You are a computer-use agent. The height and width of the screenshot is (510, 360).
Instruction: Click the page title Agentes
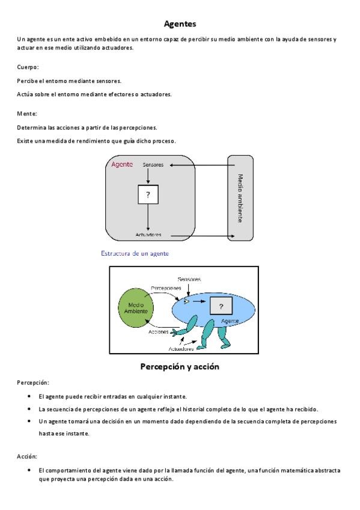pos(180,23)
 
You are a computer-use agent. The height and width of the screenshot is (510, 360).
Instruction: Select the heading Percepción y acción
pos(180,367)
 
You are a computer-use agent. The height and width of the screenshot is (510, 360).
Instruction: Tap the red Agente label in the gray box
pos(122,165)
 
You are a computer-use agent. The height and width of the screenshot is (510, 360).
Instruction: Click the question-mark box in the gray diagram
pos(148,194)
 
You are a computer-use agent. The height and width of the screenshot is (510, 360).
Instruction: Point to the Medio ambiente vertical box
pos(240,198)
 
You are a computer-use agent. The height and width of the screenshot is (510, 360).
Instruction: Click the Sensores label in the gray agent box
pos(153,165)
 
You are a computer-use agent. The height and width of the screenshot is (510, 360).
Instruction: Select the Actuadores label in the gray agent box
pos(148,235)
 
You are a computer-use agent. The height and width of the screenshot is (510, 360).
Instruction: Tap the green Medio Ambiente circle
pos(136,308)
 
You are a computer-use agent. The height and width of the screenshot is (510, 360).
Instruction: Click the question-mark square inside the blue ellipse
pos(221,306)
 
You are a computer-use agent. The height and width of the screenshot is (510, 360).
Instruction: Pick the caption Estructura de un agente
pos(135,253)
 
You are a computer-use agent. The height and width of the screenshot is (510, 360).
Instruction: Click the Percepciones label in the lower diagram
pos(166,288)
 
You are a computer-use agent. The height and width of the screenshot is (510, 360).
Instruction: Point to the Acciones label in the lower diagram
pos(158,332)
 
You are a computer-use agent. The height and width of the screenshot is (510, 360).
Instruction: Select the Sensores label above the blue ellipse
pos(189,279)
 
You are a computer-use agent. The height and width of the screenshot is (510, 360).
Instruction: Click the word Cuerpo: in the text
pos(28,67)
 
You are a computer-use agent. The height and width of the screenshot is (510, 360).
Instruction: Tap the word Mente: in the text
pos(27,114)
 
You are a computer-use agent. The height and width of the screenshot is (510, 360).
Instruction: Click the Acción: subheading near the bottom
pos(27,456)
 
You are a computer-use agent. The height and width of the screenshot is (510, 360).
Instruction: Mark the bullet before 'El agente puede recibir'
pos(29,396)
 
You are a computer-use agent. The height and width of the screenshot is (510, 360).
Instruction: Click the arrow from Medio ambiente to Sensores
pos(202,165)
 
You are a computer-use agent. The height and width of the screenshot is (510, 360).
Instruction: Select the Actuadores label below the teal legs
pos(181,349)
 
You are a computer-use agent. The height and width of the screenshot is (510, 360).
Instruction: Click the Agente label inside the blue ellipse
pos(230,321)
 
